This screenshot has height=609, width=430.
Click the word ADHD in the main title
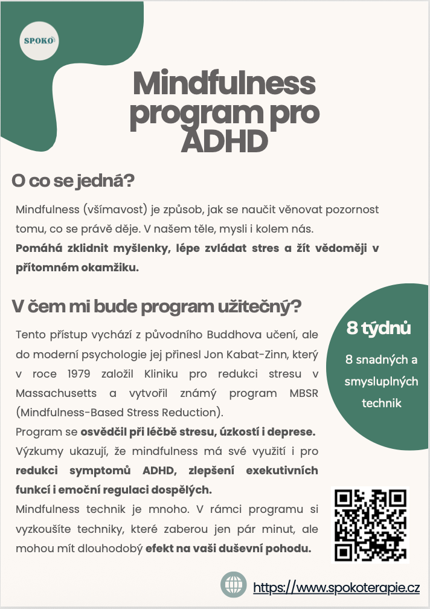click(x=224, y=142)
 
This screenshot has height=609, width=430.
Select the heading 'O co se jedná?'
click(x=72, y=181)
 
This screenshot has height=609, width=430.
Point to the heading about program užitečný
click(x=156, y=306)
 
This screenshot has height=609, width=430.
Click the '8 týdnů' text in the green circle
click(x=379, y=329)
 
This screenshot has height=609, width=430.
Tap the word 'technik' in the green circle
click(x=381, y=403)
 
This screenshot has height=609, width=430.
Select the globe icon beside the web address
click(x=233, y=585)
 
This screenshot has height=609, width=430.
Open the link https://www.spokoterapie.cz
click(x=336, y=587)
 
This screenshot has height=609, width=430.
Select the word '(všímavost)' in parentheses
click(x=106, y=210)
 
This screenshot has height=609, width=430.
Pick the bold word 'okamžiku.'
click(x=114, y=268)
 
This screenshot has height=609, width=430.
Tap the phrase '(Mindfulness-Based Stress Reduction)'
click(x=119, y=413)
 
